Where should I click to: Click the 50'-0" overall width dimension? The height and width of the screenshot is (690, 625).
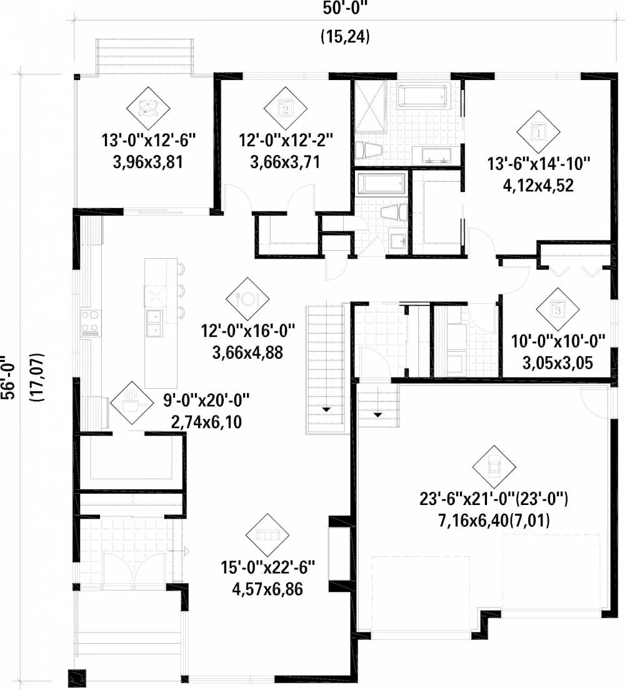(345, 8)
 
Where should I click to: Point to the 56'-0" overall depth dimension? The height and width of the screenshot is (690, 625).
(9, 377)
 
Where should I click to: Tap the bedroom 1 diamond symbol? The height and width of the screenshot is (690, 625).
(538, 132)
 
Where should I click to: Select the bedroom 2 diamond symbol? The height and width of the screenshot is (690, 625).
(285, 108)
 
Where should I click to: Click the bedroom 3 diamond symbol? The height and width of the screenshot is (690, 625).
(557, 309)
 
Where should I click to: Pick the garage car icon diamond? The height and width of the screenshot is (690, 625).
(494, 467)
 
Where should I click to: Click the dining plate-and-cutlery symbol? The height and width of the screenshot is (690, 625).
(247, 299)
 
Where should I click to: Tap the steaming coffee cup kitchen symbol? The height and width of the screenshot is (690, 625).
(131, 402)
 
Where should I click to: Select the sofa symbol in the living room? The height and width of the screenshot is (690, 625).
(267, 535)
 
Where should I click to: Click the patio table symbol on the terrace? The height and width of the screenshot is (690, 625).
(148, 108)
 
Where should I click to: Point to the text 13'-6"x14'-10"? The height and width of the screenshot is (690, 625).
(538, 164)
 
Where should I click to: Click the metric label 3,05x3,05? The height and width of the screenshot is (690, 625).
(557, 363)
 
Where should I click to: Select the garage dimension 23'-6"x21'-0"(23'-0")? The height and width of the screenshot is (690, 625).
(493, 499)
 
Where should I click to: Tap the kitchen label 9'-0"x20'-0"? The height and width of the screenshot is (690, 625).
(206, 401)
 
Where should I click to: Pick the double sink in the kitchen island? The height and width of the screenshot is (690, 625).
(154, 323)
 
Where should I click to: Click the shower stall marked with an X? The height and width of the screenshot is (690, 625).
(371, 106)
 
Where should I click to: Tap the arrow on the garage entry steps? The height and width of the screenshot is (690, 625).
(377, 414)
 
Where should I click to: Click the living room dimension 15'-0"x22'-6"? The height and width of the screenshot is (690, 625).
(267, 567)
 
